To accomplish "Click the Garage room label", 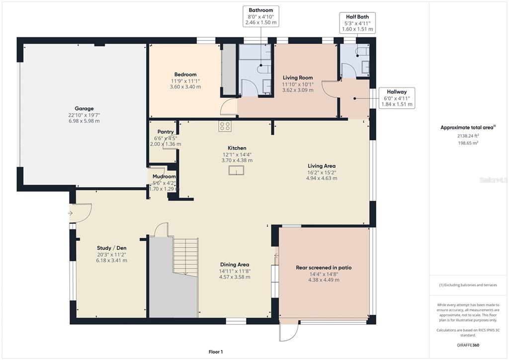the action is click(x=84, y=108).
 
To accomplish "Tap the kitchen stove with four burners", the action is click(x=225, y=126).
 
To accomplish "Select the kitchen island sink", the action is click(x=236, y=170).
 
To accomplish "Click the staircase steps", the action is click(x=185, y=257).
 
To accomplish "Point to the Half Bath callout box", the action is click(x=357, y=23).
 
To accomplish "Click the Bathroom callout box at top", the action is click(x=260, y=16).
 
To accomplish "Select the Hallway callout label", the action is click(x=396, y=98).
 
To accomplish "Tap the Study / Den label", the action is click(x=112, y=248).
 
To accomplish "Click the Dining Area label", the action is click(x=235, y=265).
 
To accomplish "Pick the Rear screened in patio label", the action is click(x=324, y=268).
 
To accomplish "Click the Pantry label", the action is click(x=166, y=132).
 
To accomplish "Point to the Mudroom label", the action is click(x=164, y=176).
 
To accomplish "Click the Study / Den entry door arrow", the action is click(x=70, y=213).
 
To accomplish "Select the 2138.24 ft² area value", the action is click(x=468, y=136).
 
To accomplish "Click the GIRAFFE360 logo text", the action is click(x=468, y=345).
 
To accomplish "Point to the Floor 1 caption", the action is click(x=216, y=352).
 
